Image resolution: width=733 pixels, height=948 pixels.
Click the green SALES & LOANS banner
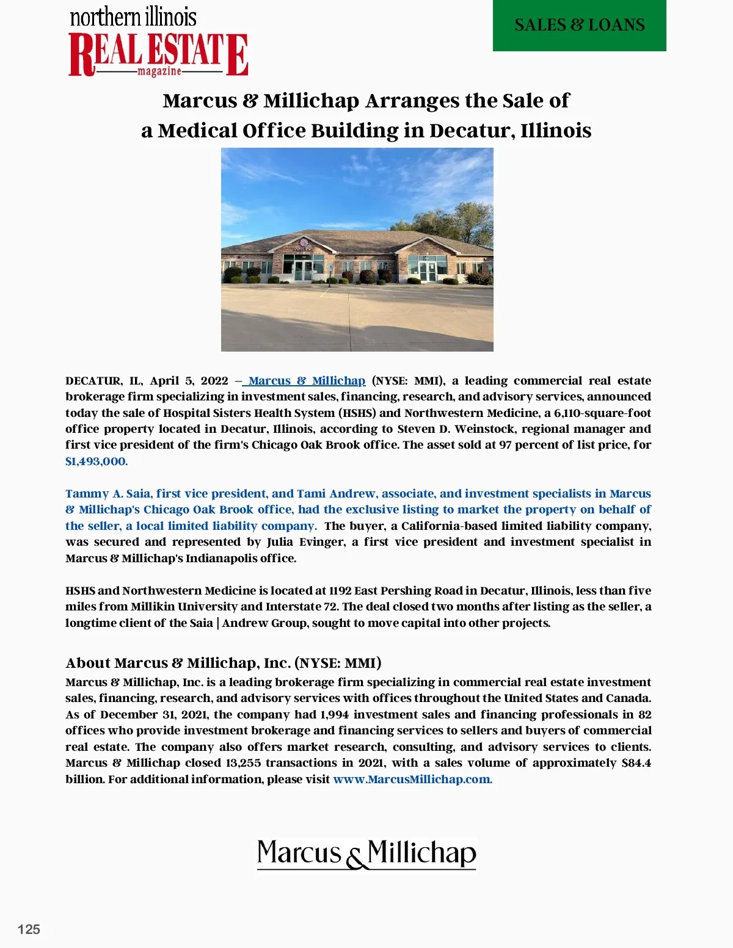tap(579, 25)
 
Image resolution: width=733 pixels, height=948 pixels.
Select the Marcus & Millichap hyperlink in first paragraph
tap(307, 381)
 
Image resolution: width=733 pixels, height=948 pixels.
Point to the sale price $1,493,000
tap(97, 461)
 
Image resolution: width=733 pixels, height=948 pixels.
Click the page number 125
tap(29, 929)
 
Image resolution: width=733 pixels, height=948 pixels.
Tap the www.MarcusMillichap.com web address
tap(412, 780)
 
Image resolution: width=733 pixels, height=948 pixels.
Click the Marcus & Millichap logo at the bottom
tap(366, 853)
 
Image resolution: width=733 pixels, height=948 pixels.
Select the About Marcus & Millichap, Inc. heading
tap(223, 663)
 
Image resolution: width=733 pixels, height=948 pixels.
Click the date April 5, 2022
tap(189, 381)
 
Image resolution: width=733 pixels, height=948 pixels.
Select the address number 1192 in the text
tap(340, 591)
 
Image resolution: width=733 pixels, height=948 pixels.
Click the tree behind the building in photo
tap(455, 223)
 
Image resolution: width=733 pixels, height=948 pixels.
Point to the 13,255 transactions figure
tap(243, 763)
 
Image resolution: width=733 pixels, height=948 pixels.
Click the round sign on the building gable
tap(304, 242)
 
